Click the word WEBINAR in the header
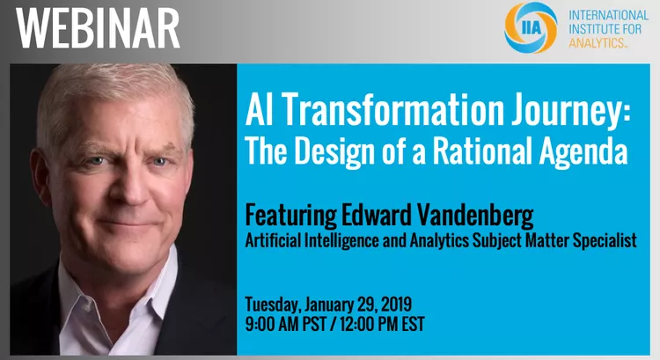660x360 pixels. pyautogui.click(x=98, y=29)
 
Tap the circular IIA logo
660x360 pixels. pyautogui.click(x=531, y=28)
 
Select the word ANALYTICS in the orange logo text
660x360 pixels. pyautogui.click(x=597, y=42)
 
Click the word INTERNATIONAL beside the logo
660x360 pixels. pyautogui.click(x=609, y=16)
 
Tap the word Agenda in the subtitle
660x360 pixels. pyautogui.click(x=583, y=152)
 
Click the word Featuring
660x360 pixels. pyautogui.click(x=290, y=216)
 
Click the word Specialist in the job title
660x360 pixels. pyautogui.click(x=605, y=241)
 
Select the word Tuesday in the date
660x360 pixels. pyautogui.click(x=273, y=305)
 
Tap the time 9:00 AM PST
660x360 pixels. pyautogui.click(x=285, y=324)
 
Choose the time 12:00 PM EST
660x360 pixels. pyautogui.click(x=382, y=324)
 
